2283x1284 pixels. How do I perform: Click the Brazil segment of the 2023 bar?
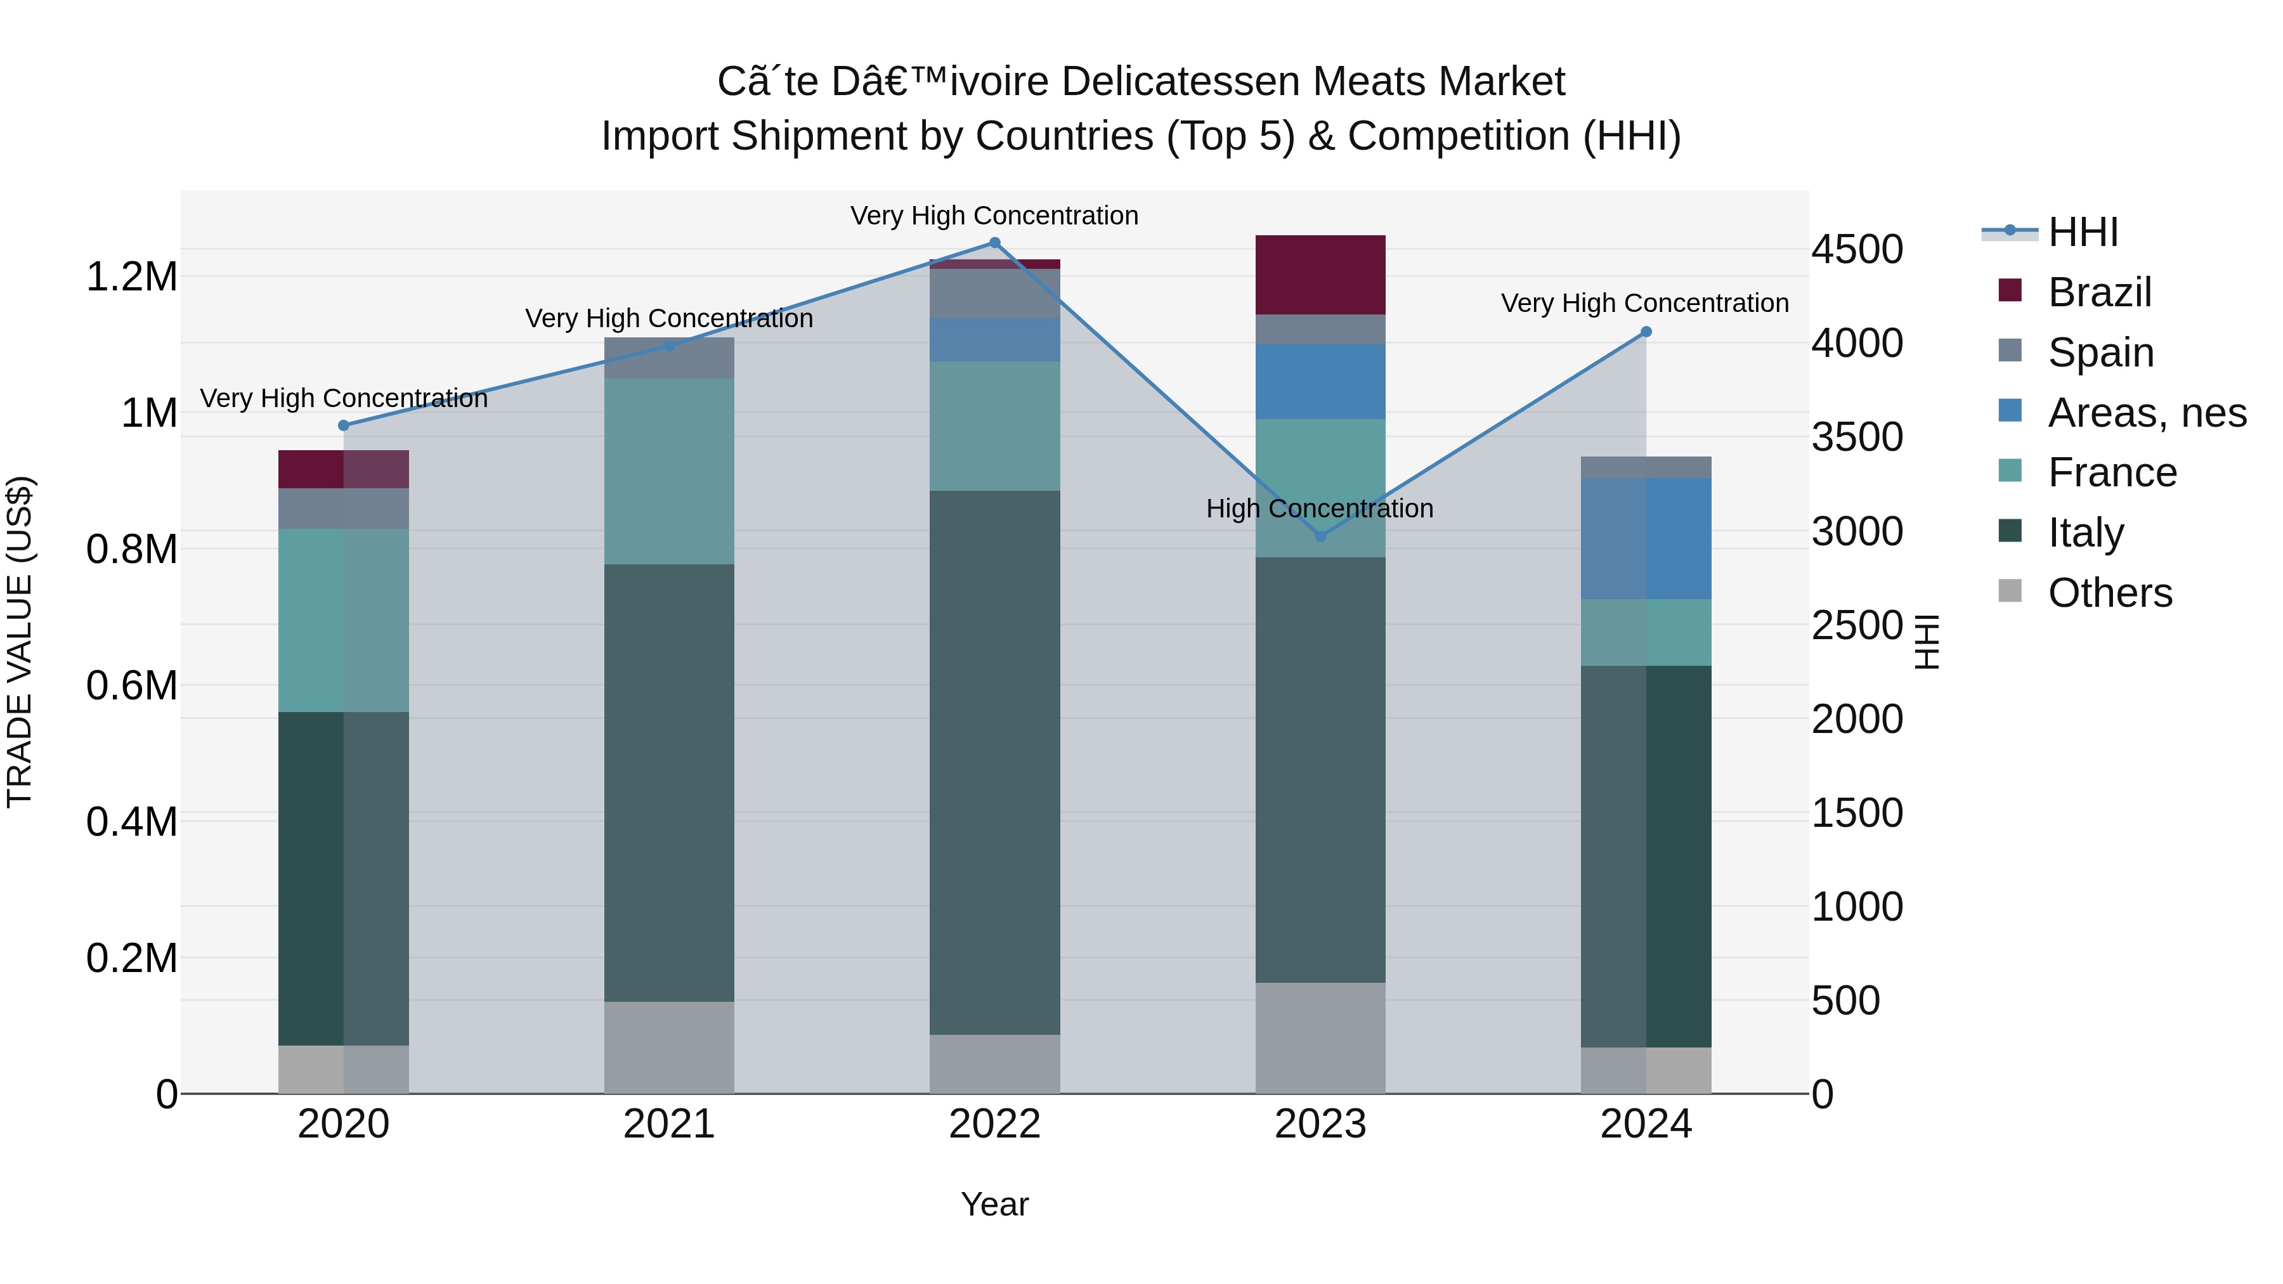pos(1320,275)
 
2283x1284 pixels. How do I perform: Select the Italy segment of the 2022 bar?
pos(994,762)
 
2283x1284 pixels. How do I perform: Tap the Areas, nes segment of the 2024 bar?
pos(1646,539)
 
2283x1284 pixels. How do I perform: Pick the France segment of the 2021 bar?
pos(669,471)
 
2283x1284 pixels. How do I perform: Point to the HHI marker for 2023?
pos(1320,536)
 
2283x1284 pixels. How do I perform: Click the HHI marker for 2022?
pos(994,243)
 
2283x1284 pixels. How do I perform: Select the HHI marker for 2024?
pos(1646,332)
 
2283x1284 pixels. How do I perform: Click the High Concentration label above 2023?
pos(1320,509)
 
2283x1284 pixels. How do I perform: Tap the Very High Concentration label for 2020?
pos(344,399)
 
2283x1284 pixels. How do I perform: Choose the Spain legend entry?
pos(2100,353)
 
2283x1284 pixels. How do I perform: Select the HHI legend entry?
pos(2082,232)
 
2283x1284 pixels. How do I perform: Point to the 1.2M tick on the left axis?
pos(131,277)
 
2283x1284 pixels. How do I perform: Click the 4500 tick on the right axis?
pos(1857,250)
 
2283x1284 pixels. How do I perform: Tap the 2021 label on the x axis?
pos(669,1124)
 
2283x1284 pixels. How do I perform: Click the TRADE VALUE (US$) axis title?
pos(20,642)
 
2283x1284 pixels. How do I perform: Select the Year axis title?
pos(994,1204)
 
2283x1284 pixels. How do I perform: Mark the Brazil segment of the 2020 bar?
pos(344,469)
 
